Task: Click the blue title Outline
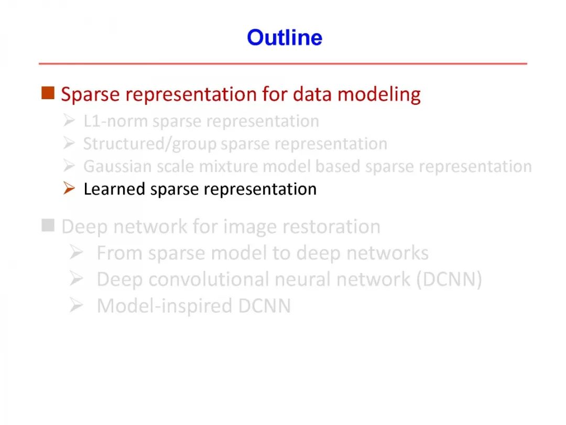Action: point(285,38)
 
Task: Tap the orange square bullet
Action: point(48,93)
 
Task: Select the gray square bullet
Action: point(48,225)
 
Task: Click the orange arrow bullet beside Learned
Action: point(69,188)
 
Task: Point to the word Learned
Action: point(115,189)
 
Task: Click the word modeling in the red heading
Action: point(379,94)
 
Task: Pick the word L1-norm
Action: point(115,121)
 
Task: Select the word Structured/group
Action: point(150,144)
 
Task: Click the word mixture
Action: point(229,167)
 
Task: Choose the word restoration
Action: point(331,227)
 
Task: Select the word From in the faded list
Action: point(119,253)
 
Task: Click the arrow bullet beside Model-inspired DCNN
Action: point(76,305)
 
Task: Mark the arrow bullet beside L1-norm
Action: point(69,120)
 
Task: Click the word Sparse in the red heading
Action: point(90,94)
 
